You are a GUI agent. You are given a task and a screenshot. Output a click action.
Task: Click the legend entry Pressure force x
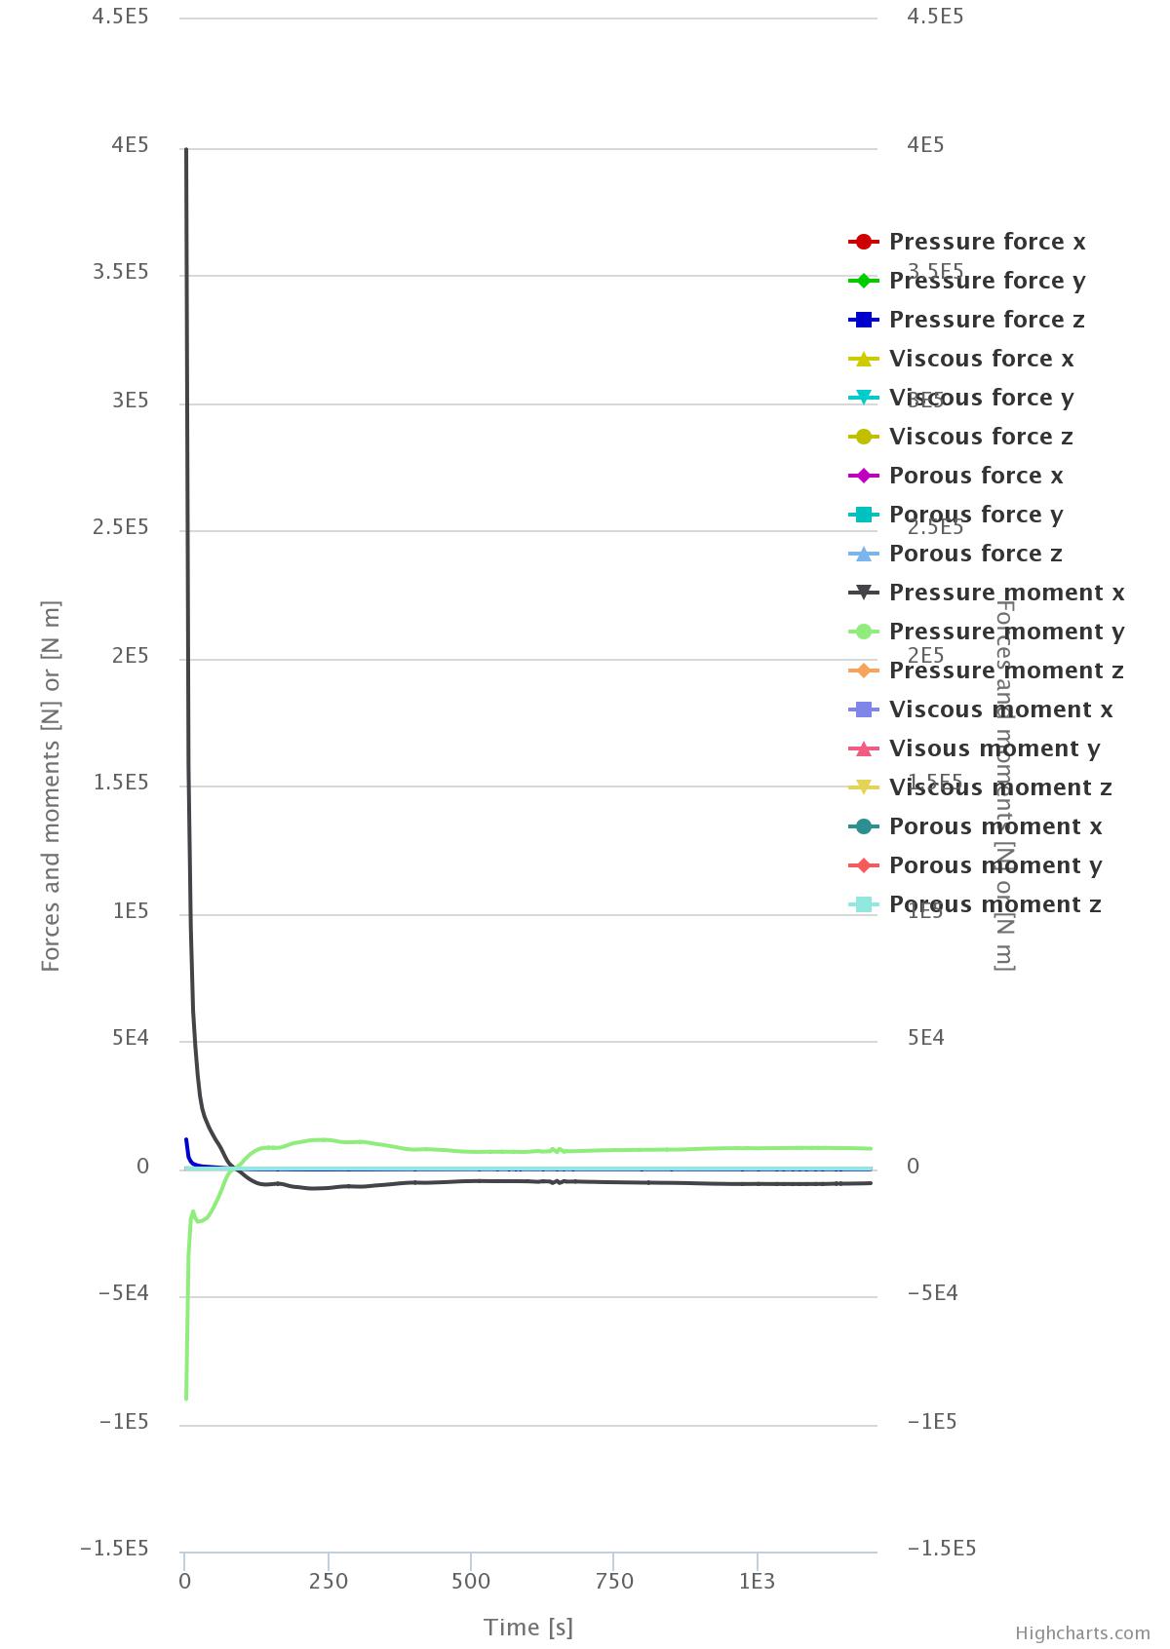point(987,242)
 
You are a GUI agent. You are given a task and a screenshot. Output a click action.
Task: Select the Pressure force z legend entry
point(987,320)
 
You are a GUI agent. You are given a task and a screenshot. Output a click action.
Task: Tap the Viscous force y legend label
point(981,398)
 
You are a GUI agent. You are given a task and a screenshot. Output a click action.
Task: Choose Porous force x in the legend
point(976,476)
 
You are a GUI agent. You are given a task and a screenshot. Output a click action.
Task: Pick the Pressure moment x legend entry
point(1006,593)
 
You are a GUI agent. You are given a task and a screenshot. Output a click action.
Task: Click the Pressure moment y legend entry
point(1006,632)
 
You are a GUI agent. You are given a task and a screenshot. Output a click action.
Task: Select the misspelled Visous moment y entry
point(994,748)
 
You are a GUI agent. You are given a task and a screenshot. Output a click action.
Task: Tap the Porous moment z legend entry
point(994,904)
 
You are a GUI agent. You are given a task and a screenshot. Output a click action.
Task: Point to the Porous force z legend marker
point(864,554)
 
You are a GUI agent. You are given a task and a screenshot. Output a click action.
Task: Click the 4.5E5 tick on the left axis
point(120,17)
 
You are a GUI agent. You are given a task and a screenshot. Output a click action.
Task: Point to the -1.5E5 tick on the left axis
point(114,1549)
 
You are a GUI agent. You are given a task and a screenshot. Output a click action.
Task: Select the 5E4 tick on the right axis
point(925,1038)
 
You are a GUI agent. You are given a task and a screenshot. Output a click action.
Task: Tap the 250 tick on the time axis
point(329,1581)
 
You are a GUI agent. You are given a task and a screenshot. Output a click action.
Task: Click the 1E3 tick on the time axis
point(757,1581)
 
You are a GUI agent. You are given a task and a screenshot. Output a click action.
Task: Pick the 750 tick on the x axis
point(614,1581)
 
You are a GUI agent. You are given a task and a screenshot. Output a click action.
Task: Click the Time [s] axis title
point(528,1627)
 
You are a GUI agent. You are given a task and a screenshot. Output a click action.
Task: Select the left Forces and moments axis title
point(51,786)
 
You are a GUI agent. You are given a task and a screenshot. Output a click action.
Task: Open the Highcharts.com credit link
point(1082,1632)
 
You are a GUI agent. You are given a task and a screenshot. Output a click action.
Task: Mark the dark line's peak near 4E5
point(186,150)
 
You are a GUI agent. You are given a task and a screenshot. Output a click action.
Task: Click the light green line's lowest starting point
point(185,1399)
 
